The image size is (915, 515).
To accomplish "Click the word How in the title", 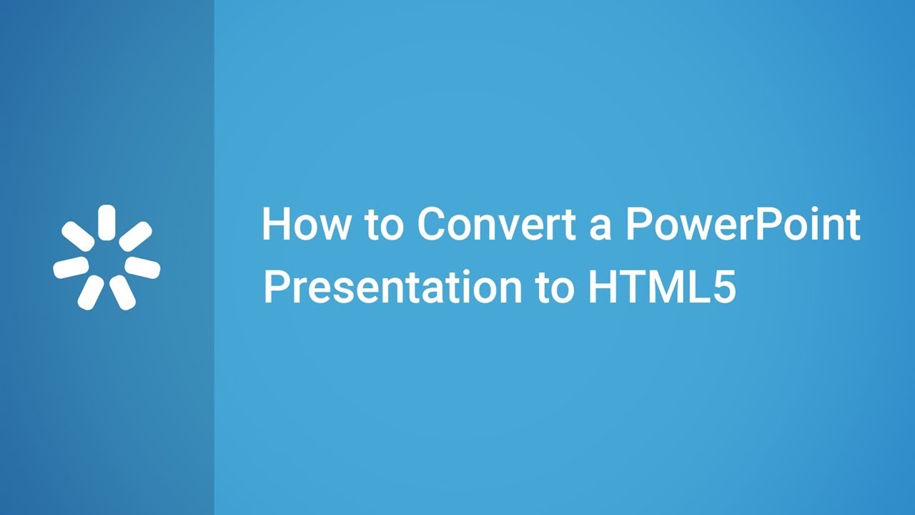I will [x=305, y=225].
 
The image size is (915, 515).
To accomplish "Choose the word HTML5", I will [x=662, y=288].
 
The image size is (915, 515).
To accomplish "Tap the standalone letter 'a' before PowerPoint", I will [x=601, y=227].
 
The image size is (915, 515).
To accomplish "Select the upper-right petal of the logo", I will [x=135, y=236].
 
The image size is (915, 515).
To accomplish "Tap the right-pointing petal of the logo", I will [x=142, y=267].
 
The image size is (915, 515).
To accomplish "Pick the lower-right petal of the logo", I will [x=122, y=292].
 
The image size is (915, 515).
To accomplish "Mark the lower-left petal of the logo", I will [x=91, y=292].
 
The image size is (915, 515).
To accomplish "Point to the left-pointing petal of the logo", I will [x=71, y=268].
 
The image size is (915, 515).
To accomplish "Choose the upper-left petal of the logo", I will [x=78, y=236].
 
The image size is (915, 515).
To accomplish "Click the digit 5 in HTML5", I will [x=724, y=288].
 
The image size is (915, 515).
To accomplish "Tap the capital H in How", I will [x=275, y=225].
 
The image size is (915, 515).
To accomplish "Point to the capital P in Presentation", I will [x=275, y=288].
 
